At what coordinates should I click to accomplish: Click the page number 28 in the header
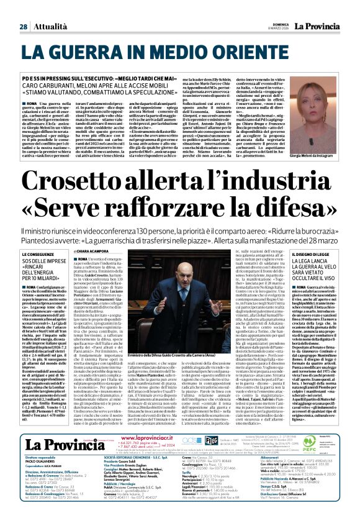click(x=23, y=27)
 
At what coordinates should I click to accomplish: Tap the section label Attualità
click(x=50, y=27)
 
